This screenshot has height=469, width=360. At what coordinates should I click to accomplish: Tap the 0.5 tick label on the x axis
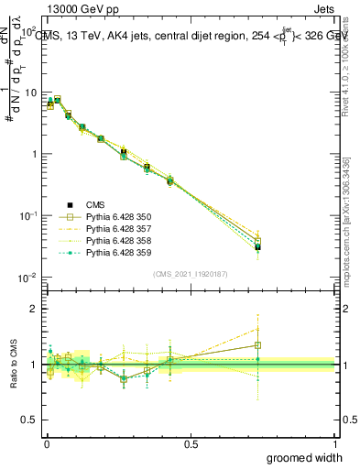pyautogui.click(x=191, y=442)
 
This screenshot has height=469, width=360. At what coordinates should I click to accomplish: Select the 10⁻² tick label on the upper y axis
pyautogui.click(x=27, y=277)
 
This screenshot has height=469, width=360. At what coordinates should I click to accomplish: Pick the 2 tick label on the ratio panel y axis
pyautogui.click(x=34, y=309)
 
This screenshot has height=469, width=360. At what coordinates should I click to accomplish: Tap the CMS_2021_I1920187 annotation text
pyautogui.click(x=190, y=274)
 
